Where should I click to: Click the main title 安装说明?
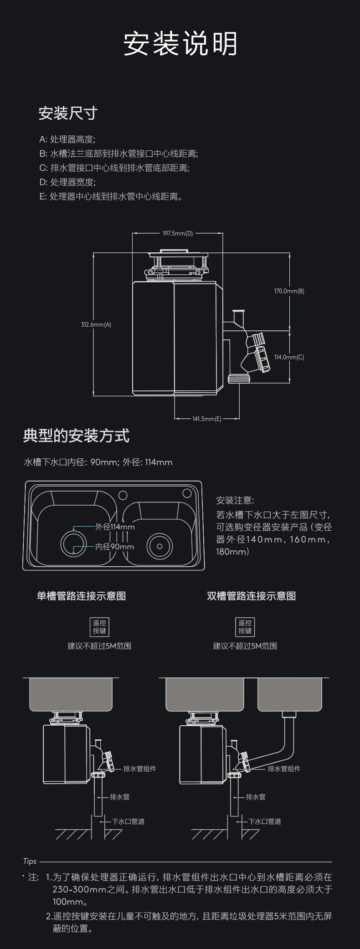(180, 44)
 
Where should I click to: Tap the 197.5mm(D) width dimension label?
(178, 233)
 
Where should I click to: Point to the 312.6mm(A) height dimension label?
(96, 324)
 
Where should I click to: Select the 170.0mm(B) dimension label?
(289, 291)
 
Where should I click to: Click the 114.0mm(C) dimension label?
(289, 357)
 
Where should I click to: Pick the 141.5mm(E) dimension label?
(206, 419)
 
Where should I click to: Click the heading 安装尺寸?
(68, 113)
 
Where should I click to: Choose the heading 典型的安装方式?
(76, 436)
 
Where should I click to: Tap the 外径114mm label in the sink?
(115, 527)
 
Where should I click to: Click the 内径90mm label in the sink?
(114, 546)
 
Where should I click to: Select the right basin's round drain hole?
(159, 545)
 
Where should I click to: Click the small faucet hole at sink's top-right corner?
(187, 493)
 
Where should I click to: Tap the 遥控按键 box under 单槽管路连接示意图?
(99, 626)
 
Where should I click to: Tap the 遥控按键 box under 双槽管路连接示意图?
(245, 626)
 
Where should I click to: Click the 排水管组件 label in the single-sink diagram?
(139, 769)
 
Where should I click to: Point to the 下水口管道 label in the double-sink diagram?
(265, 821)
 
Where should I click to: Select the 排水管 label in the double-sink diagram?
(256, 797)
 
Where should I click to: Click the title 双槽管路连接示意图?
(251, 596)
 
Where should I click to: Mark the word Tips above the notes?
(30, 861)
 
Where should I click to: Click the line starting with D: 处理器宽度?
(67, 182)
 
